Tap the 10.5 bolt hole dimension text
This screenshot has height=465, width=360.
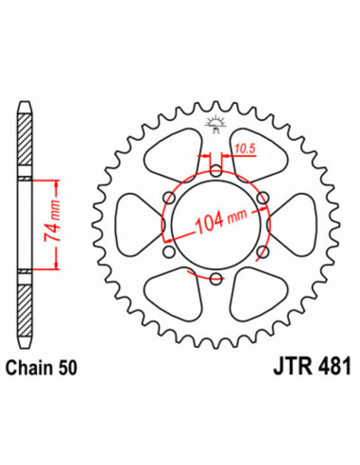243,148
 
